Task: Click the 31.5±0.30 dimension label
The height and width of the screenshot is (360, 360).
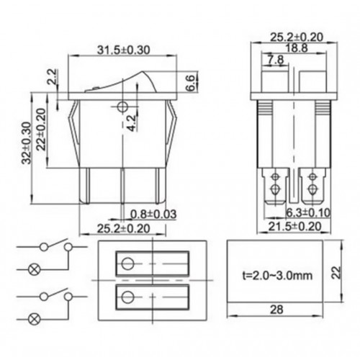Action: pyautogui.click(x=122, y=50)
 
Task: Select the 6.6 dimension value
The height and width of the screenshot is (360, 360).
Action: pyautogui.click(x=190, y=82)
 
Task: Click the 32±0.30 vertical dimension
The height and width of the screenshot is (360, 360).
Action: pyautogui.click(x=27, y=143)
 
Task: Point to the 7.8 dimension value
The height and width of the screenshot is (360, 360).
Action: pyautogui.click(x=274, y=59)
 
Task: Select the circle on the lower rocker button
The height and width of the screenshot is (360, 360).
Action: pyautogui.click(x=129, y=297)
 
